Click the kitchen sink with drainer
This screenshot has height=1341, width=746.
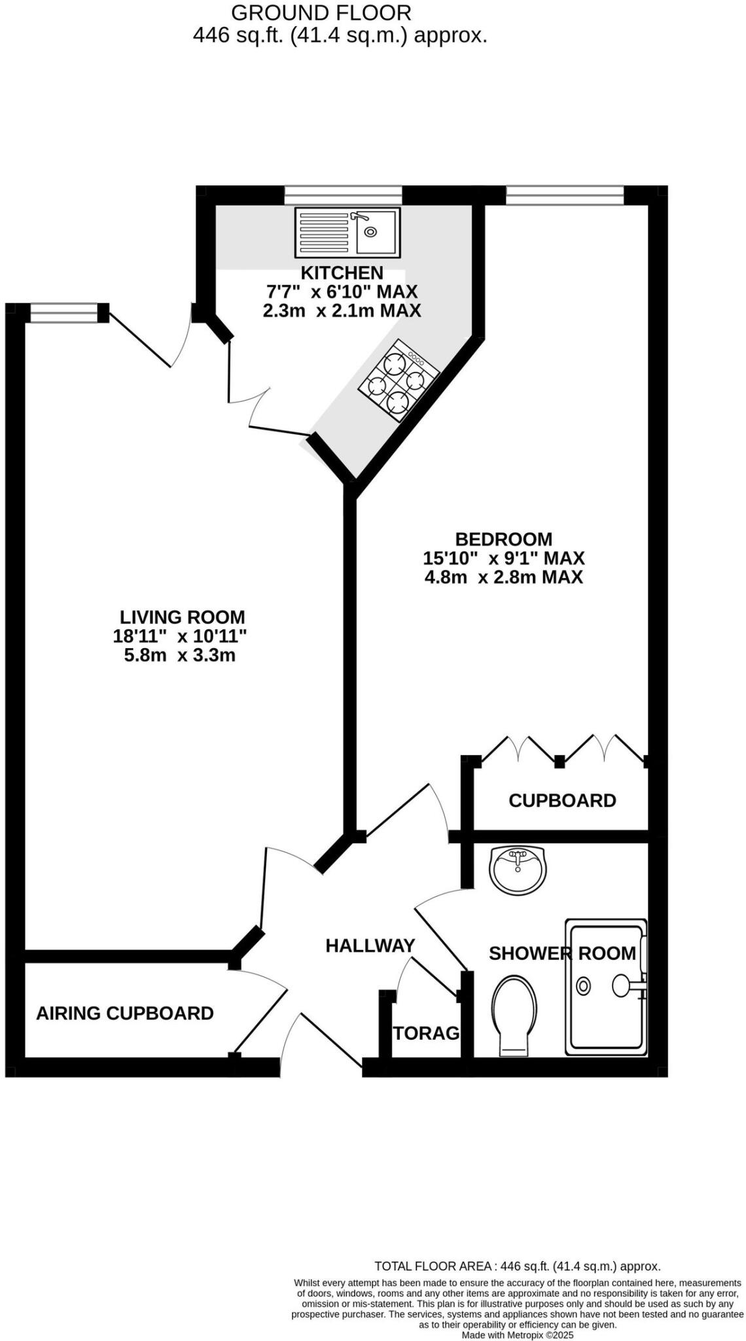[347, 232]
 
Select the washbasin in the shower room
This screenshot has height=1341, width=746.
[518, 869]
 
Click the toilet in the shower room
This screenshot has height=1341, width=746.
[514, 1016]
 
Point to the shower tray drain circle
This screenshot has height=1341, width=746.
[582, 986]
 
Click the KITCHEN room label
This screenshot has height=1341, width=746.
[342, 272]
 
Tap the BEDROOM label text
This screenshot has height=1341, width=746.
[504, 540]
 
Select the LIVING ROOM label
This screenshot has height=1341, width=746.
[182, 617]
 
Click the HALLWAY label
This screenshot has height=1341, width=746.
[370, 946]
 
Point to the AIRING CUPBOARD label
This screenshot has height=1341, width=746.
[125, 1014]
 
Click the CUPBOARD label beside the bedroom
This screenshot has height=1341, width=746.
[562, 801]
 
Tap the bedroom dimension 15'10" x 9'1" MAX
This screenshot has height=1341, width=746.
[504, 559]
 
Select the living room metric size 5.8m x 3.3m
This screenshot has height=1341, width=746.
[180, 655]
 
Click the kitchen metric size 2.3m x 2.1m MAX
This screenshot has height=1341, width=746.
[342, 310]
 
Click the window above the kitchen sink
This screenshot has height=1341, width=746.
[343, 194]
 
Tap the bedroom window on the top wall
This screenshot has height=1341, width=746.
[565, 194]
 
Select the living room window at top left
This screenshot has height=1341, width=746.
[63, 313]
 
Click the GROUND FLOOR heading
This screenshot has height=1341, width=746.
[321, 12]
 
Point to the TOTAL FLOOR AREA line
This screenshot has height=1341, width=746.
[517, 1266]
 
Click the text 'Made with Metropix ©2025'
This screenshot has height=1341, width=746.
[518, 1335]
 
